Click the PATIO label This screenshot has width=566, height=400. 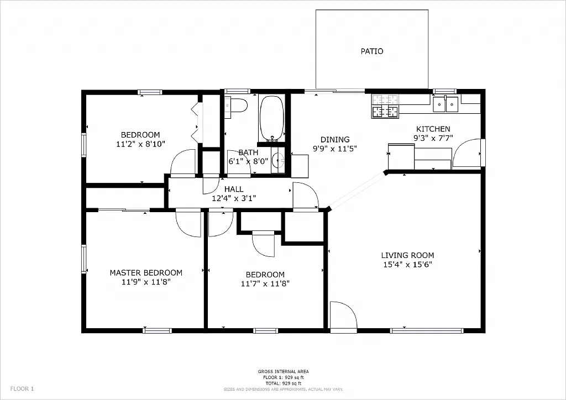tap(371, 51)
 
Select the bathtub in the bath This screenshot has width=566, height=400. tap(271, 118)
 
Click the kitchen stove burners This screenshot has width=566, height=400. tap(385, 106)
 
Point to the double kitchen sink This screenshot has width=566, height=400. tap(446, 103)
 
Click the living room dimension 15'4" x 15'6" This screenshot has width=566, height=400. tap(407, 264)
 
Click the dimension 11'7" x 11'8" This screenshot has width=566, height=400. tap(265, 283)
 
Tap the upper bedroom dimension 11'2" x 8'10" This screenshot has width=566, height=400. tap(140, 144)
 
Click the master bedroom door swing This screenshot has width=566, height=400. tap(188, 223)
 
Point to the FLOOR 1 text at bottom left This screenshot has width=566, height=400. tap(22, 388)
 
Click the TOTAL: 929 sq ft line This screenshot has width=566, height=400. tap(283, 383)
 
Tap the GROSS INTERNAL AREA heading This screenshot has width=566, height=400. tap(283, 371)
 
